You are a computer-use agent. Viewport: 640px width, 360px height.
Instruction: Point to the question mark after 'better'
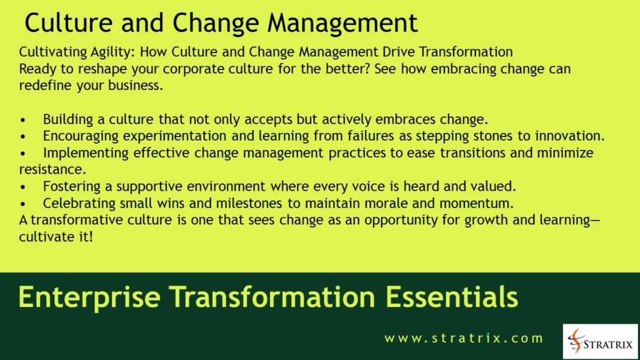[364, 69]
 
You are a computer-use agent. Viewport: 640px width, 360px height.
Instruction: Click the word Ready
[37, 69]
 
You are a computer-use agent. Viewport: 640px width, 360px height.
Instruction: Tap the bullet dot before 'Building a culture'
[24, 119]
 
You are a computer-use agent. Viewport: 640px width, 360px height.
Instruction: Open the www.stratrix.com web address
[464, 339]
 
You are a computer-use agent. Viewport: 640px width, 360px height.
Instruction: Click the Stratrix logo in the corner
[600, 341]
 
